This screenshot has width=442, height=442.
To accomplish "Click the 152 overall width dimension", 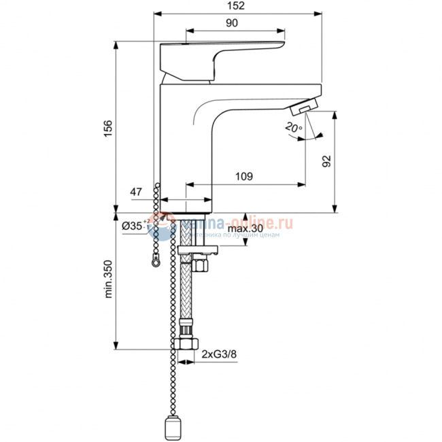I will tap(235, 6).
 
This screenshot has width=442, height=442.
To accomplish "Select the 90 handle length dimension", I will tap(231, 23).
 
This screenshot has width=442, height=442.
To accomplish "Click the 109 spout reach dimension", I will tap(244, 176).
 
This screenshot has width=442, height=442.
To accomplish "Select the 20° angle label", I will tap(293, 127).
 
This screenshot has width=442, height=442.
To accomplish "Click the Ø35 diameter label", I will tap(135, 226).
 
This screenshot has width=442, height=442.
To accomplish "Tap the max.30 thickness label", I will tap(245, 228).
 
